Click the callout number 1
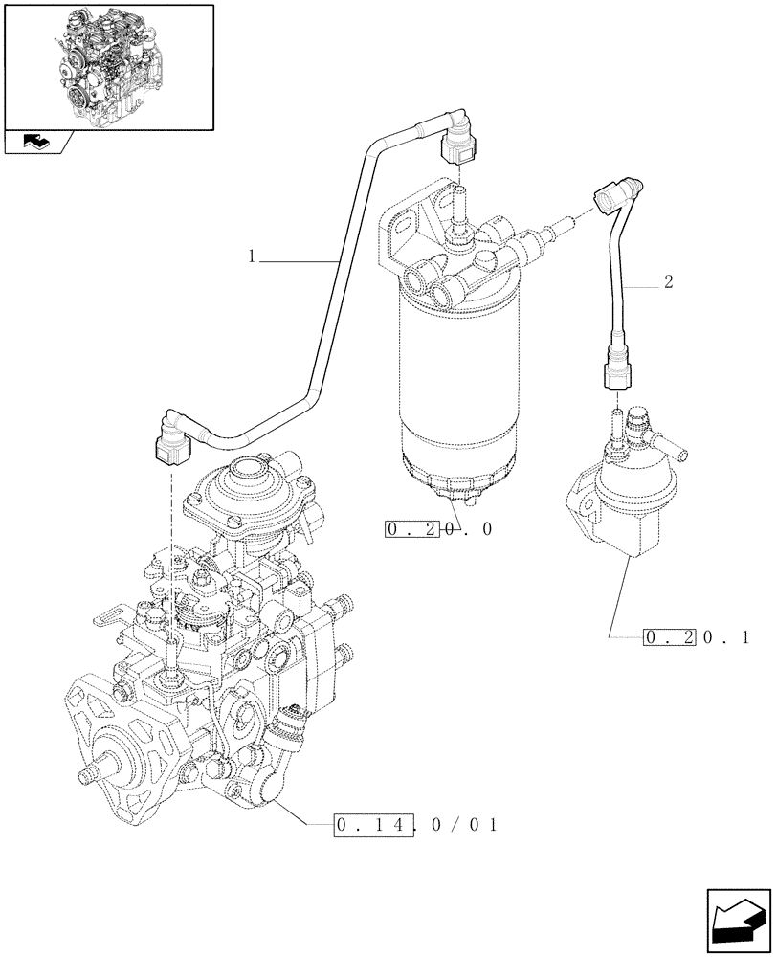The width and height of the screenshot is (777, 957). coord(252,256)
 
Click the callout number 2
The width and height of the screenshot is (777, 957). coord(668,282)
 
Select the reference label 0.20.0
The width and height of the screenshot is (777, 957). coord(439,529)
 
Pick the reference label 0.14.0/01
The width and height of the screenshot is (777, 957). coord(416,823)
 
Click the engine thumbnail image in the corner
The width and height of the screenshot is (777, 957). coord(108,66)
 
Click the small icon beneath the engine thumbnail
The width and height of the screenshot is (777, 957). coord(37,143)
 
